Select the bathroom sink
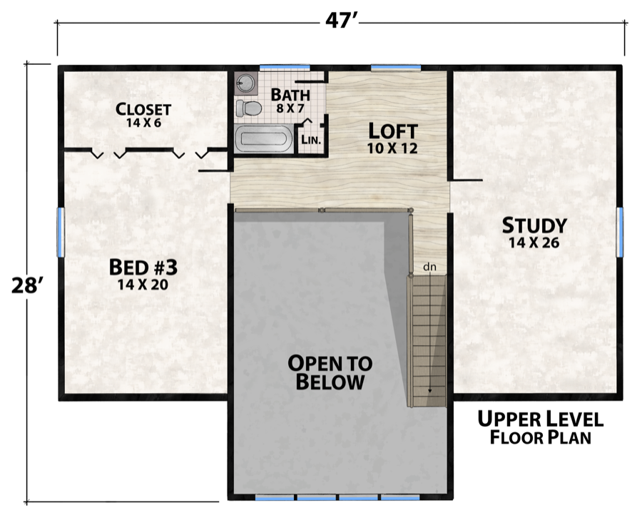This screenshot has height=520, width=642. coord(245,83)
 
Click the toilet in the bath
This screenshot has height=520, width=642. coord(249,108)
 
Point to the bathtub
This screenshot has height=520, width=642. coord(264,139)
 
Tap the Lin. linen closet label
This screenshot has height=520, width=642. coord(311,140)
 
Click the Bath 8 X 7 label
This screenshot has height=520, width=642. coord(290,101)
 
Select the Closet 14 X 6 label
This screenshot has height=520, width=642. coord(143,115)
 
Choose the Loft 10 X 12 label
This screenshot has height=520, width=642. coord(392,138)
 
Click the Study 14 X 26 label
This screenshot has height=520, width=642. coord(534,232)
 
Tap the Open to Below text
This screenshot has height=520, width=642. coord(330,372)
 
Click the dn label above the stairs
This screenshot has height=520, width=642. coord(429,267)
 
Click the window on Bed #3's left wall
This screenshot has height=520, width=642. coord(61,232)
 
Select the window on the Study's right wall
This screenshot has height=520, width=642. coord(620,232)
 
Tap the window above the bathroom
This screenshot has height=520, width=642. coord(285,67)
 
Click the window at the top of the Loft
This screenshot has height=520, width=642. coord(395,67)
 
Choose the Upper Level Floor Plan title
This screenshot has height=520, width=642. coord(541,428)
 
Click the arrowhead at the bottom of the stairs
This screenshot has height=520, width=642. coord(430,391)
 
